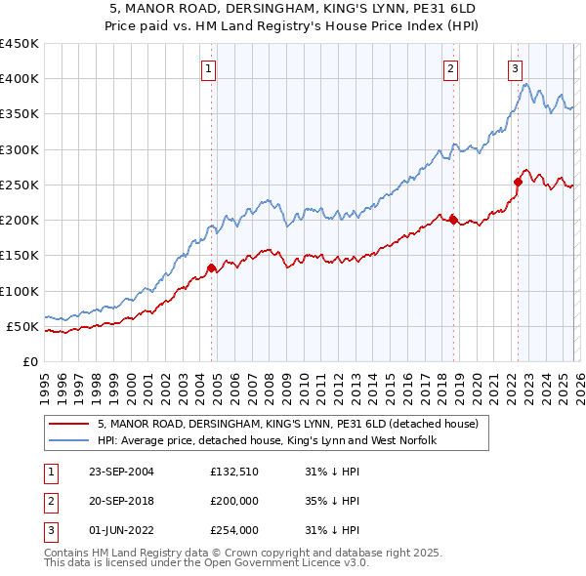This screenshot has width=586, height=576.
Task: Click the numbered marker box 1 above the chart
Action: (x=210, y=68)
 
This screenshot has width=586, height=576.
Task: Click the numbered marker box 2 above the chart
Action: (x=450, y=68)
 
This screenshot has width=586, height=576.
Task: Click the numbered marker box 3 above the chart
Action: (x=515, y=68)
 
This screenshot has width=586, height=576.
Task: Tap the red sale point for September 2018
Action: (x=453, y=220)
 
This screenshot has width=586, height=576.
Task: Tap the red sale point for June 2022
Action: (x=518, y=182)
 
